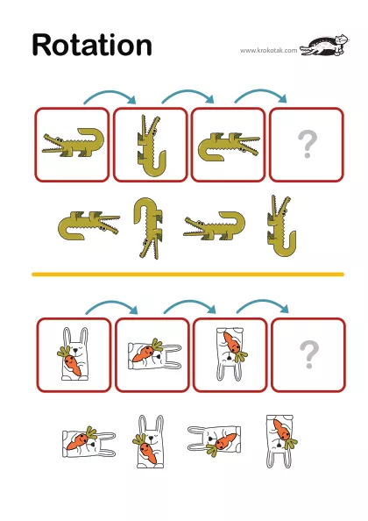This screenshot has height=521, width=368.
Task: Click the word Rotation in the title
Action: click(92, 45)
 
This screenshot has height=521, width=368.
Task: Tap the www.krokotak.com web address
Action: click(268, 51)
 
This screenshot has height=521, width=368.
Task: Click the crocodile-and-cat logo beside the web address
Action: click(324, 46)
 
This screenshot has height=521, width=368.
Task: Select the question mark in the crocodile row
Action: click(308, 144)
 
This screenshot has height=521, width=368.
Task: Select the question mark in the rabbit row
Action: click(309, 354)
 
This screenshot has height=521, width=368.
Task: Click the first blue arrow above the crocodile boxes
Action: click(110, 93)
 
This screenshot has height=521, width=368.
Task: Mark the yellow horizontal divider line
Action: click(188, 275)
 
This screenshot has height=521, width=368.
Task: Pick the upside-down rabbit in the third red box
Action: click(230, 353)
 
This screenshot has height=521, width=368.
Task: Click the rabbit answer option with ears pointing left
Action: click(215, 441)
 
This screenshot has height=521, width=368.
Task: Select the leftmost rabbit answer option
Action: click(88, 442)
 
